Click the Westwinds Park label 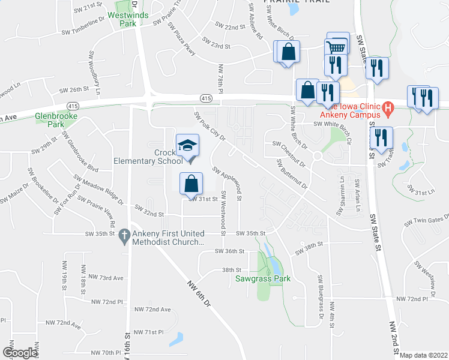coord(127,19)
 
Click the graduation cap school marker coord(187,145)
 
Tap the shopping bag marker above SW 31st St coord(190,182)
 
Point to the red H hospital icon coord(387,110)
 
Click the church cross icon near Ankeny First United coord(125,235)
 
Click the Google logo coord(19,353)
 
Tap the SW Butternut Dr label coord(293,174)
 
